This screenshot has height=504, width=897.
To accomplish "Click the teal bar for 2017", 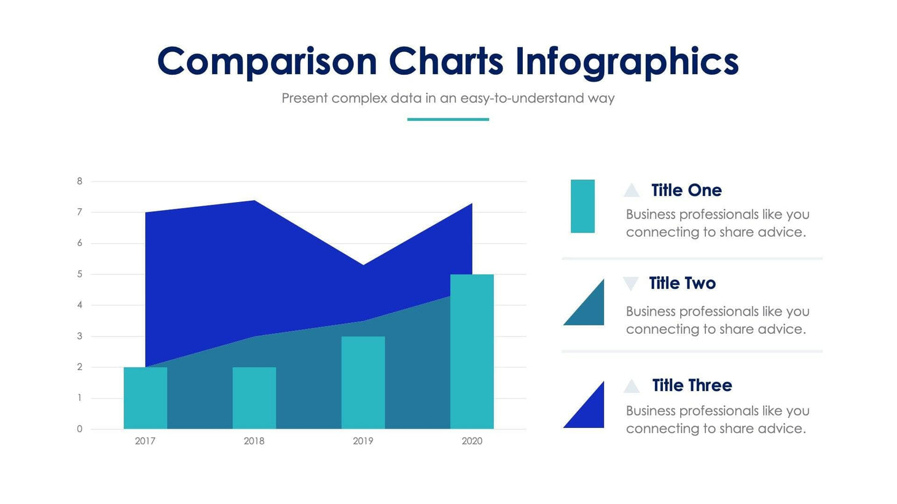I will point(145,398).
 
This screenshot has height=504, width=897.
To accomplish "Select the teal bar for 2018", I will point(254,398).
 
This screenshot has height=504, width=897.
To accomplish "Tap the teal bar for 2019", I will point(362,382).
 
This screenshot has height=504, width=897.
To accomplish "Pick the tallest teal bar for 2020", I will point(472,351).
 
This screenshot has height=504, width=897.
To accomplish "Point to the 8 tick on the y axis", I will point(80,181).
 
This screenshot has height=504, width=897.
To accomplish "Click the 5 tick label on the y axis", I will point(80,274).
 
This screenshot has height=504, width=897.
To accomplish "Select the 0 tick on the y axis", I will point(80,429).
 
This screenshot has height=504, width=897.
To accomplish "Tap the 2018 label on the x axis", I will point(254,441).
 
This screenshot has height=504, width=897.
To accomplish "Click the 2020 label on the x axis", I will point(472,441).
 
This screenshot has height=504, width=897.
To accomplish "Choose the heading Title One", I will point(686,190).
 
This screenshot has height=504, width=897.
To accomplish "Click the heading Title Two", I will point(682,283).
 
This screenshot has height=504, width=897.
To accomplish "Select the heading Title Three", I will point(692,386).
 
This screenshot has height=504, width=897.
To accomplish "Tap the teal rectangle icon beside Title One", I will point(582,206).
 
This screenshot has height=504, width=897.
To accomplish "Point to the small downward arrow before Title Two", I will point(630,283).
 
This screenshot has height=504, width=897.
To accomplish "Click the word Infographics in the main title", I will point(626,62).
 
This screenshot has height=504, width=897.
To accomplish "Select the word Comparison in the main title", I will point(267,62).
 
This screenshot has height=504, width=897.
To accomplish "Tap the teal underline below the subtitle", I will point(448,119).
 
